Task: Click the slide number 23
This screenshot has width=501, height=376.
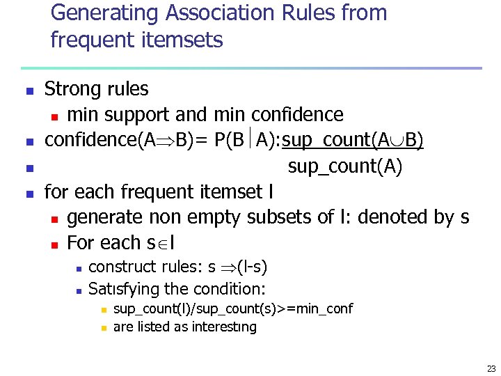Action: [x=491, y=368]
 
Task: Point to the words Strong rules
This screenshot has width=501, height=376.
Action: [x=96, y=89]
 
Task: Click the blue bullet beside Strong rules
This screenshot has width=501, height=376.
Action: [x=29, y=91]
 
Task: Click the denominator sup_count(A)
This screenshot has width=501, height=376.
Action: [x=344, y=167]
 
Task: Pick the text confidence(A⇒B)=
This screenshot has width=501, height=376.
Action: [x=125, y=140]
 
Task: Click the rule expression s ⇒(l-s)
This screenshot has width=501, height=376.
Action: [x=238, y=267]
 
